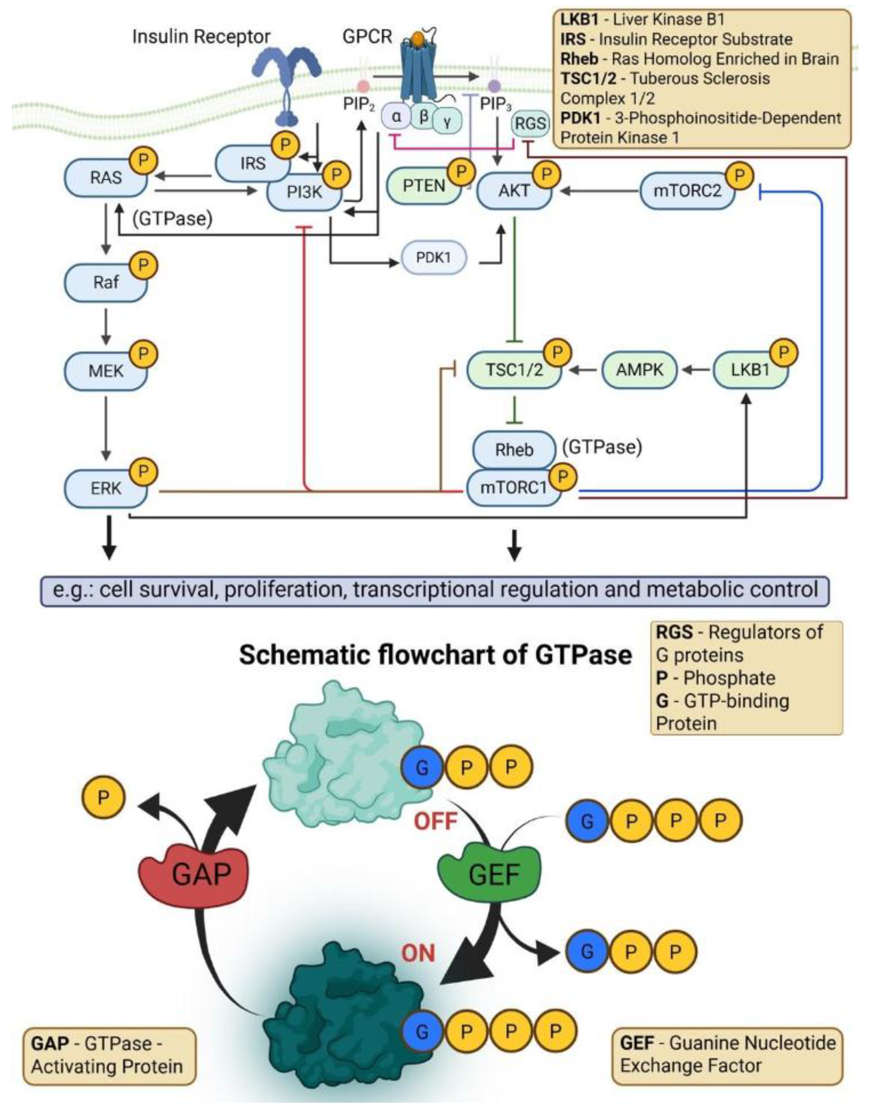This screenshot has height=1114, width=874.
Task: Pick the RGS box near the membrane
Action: tap(530, 123)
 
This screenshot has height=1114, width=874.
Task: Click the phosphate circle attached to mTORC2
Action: tap(739, 175)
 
